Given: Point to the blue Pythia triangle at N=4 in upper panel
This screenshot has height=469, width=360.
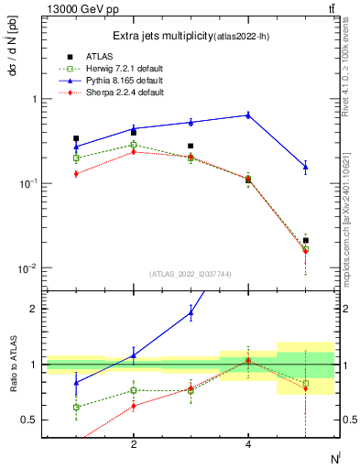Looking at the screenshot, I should (x=248, y=115).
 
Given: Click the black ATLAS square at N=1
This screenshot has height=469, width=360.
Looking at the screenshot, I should (x=76, y=138).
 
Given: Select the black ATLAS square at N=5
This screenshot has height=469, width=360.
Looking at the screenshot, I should (x=306, y=240).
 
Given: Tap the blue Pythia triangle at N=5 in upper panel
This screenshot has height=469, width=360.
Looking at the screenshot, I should (x=306, y=166).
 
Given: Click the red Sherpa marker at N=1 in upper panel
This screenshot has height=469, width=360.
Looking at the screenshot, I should (x=76, y=173).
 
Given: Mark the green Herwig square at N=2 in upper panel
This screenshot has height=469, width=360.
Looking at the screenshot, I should (x=134, y=144).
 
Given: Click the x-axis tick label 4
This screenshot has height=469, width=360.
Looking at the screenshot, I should (x=248, y=444).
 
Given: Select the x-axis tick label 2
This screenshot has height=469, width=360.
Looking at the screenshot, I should (x=134, y=444).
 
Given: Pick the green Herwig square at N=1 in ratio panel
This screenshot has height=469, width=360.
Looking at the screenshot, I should (x=76, y=407).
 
